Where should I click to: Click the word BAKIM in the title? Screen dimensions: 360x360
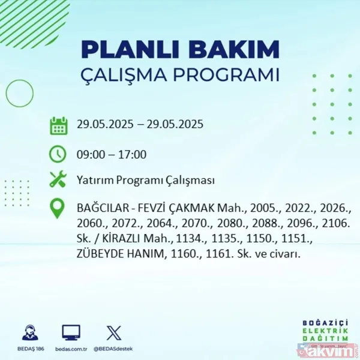pyautogui.click(x=235, y=49)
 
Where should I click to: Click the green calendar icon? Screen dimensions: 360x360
pyautogui.click(x=58, y=125)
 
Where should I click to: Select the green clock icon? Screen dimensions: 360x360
pyautogui.click(x=58, y=154)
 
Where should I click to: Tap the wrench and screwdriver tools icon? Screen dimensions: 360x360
pyautogui.click(x=58, y=179)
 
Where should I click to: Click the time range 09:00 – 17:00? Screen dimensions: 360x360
pyautogui.click(x=112, y=155)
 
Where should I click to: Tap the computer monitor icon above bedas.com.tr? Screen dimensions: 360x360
pyautogui.click(x=71, y=332)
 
